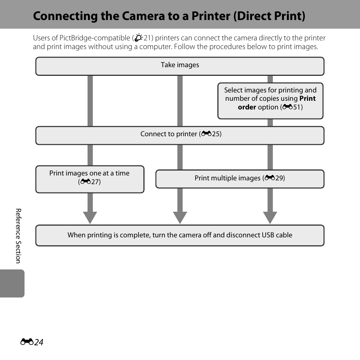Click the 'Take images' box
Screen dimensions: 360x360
click(180, 66)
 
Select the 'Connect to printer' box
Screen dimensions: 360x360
click(180, 135)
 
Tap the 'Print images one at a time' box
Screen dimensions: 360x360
click(89, 179)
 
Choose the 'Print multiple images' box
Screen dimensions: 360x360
click(240, 178)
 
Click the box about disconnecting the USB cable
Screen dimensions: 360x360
click(180, 235)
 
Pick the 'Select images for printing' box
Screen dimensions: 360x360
click(270, 101)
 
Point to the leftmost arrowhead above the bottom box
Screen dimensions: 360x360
click(90, 218)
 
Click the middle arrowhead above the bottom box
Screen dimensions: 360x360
click(180, 218)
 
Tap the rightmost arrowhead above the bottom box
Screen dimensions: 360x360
click(270, 218)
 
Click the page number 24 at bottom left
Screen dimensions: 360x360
click(38, 342)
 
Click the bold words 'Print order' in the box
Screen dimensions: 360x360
click(277, 103)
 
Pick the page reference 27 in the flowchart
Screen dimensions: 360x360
click(95, 182)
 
